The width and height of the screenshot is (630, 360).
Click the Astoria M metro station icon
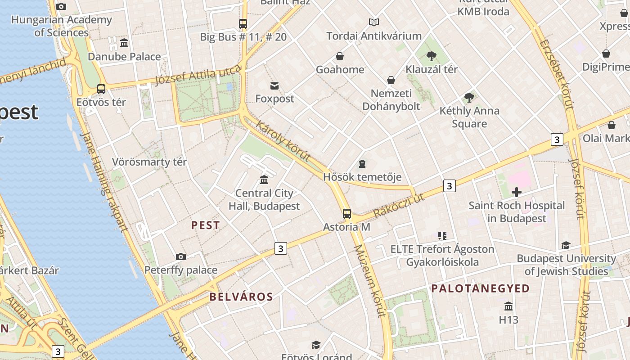click(x=346, y=213)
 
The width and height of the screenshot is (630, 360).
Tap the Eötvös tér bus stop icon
click(x=101, y=89)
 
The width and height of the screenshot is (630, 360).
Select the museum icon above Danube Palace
click(x=124, y=43)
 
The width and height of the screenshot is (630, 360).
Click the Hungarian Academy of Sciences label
click(x=62, y=26)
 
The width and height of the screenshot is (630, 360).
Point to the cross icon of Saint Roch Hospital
click(x=517, y=193)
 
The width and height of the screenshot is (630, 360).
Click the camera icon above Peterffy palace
click(x=181, y=256)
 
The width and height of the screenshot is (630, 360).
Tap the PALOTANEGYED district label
click(x=480, y=289)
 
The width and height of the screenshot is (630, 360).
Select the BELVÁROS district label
click(x=241, y=297)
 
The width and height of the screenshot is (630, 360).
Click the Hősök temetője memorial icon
click(x=362, y=164)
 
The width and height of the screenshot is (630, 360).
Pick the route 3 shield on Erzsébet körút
click(x=557, y=139)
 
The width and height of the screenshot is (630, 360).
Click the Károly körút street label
click(x=283, y=140)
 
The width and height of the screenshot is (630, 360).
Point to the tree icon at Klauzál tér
click(x=432, y=56)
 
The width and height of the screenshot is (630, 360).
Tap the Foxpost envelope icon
click(x=274, y=85)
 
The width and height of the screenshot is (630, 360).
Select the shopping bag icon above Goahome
click(x=340, y=56)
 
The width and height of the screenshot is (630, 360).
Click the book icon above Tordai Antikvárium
click(x=374, y=22)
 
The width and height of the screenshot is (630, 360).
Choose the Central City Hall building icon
click(x=264, y=180)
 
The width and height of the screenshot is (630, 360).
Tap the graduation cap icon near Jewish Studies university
click(x=566, y=245)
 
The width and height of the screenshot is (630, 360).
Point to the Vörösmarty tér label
click(x=149, y=162)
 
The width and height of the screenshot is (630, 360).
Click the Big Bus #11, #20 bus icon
click(x=243, y=24)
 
